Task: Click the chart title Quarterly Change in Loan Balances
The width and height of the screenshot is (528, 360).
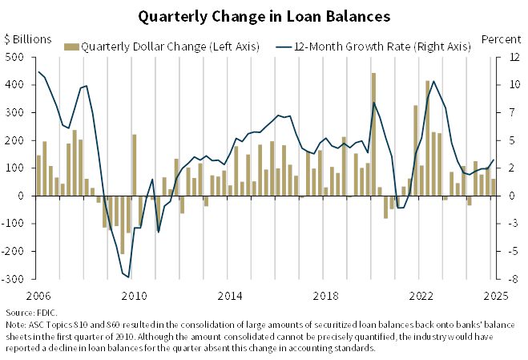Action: (264, 16)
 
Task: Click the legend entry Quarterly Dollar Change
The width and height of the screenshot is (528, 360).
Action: (166, 47)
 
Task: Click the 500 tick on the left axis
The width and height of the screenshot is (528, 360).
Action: (15, 57)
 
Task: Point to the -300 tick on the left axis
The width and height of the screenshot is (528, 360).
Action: (15, 278)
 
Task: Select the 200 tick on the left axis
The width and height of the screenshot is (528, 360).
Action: (15, 140)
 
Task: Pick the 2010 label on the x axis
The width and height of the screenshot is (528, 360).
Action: (134, 294)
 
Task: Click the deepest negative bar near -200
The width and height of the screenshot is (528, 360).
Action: (122, 224)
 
